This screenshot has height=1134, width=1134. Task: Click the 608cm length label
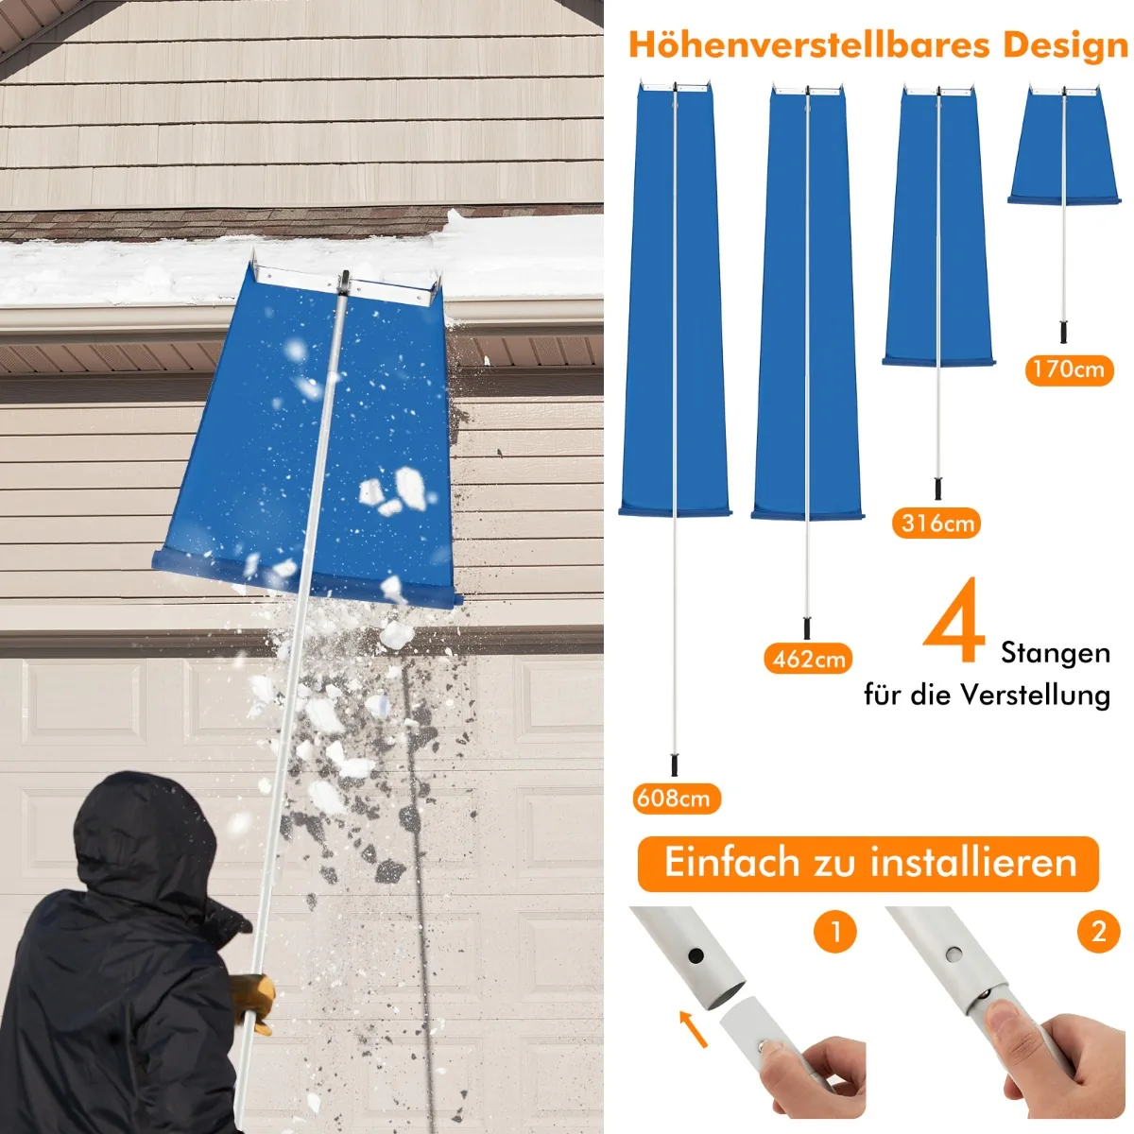click(677, 799)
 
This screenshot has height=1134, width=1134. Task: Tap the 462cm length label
click(809, 659)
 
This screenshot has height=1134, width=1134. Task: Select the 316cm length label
click(936, 523)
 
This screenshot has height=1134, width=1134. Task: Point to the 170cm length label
click(1069, 369)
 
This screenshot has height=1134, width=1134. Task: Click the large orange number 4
click(954, 622)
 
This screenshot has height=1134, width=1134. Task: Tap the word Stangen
click(1056, 653)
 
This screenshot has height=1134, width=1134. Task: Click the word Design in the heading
click(1065, 45)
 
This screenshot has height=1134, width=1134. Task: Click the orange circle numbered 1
click(835, 931)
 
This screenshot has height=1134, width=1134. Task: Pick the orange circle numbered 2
click(1099, 931)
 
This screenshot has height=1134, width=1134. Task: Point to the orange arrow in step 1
click(693, 1029)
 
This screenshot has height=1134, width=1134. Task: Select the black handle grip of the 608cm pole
click(675, 765)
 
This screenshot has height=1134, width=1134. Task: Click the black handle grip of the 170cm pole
click(1063, 332)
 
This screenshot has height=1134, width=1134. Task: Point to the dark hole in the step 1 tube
click(696, 954)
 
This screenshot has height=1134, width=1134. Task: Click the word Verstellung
click(1036, 695)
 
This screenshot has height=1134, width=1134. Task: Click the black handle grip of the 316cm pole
click(938, 489)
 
